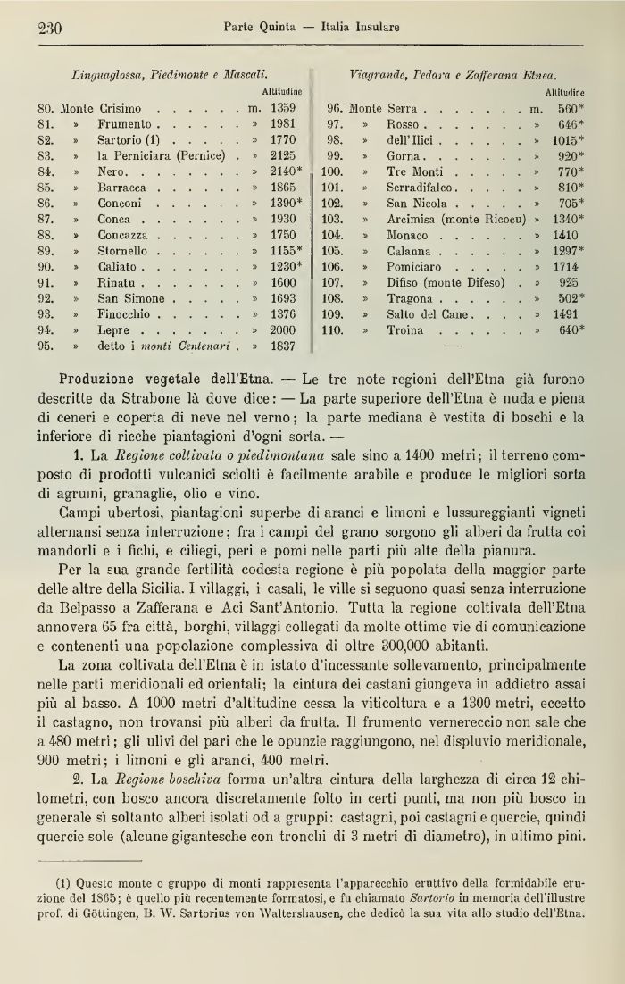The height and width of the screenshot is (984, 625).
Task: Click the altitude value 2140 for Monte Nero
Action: point(285,170)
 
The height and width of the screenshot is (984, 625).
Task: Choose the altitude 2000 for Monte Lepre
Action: point(282,330)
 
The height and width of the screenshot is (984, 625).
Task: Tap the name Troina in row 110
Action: point(405,330)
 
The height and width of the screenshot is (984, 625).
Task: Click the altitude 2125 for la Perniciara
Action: point(282,154)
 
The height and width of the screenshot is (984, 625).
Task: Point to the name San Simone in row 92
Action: point(131,298)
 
